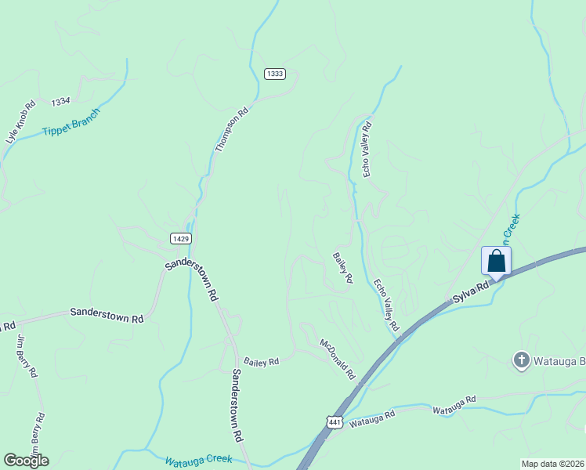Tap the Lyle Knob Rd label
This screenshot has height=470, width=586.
coord(21,121)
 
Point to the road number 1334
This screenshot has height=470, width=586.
coord(60,103)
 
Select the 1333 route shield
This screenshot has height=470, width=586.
coord(274,74)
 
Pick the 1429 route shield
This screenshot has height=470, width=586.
coord(180,237)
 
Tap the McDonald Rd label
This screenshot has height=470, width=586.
coord(338,357)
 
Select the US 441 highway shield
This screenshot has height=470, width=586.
coord(335,422)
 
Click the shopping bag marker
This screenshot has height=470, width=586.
coord(496,262)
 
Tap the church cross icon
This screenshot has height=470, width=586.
coord(521,360)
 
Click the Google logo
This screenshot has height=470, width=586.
coord(26,460)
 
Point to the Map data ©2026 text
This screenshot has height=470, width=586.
coord(552,463)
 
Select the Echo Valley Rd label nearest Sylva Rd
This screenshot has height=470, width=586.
coord(386,304)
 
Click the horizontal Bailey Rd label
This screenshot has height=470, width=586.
coord(262,362)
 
